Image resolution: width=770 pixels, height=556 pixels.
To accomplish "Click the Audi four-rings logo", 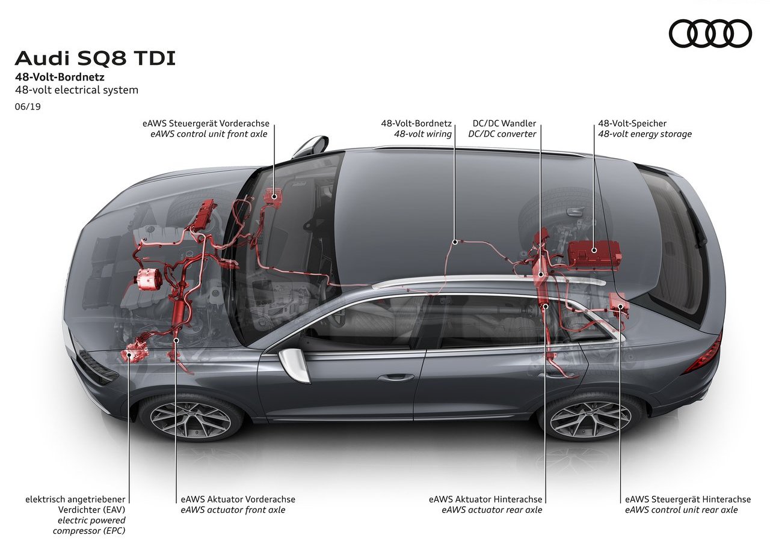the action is click(x=710, y=33).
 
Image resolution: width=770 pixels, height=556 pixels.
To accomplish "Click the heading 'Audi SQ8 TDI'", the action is click(x=95, y=58).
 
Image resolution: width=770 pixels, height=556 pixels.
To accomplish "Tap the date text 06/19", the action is click(x=28, y=106).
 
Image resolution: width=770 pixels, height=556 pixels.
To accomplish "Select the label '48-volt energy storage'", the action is click(x=645, y=134).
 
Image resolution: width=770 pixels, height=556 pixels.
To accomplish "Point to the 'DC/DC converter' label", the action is click(x=502, y=134).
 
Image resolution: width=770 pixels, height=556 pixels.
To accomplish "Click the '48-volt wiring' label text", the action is click(x=423, y=134).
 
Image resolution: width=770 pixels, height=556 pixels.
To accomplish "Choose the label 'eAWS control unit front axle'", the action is click(x=209, y=134).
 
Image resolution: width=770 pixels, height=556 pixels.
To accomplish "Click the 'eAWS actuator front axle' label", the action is click(x=233, y=510).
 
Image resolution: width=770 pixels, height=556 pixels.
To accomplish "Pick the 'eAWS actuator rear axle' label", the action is click(x=492, y=510).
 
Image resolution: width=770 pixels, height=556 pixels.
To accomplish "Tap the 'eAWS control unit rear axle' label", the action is click(x=682, y=510).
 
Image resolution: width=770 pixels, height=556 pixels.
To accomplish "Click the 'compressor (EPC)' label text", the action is click(x=89, y=531).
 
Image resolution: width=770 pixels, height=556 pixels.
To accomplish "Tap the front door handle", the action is click(x=396, y=377).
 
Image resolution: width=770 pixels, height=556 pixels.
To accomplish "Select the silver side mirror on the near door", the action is click(x=295, y=365).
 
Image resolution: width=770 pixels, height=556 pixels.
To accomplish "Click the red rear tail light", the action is click(x=703, y=353).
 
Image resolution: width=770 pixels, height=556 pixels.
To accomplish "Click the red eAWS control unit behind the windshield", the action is click(x=273, y=197).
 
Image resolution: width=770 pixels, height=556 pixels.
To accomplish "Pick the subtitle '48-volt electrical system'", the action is click(x=76, y=90).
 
